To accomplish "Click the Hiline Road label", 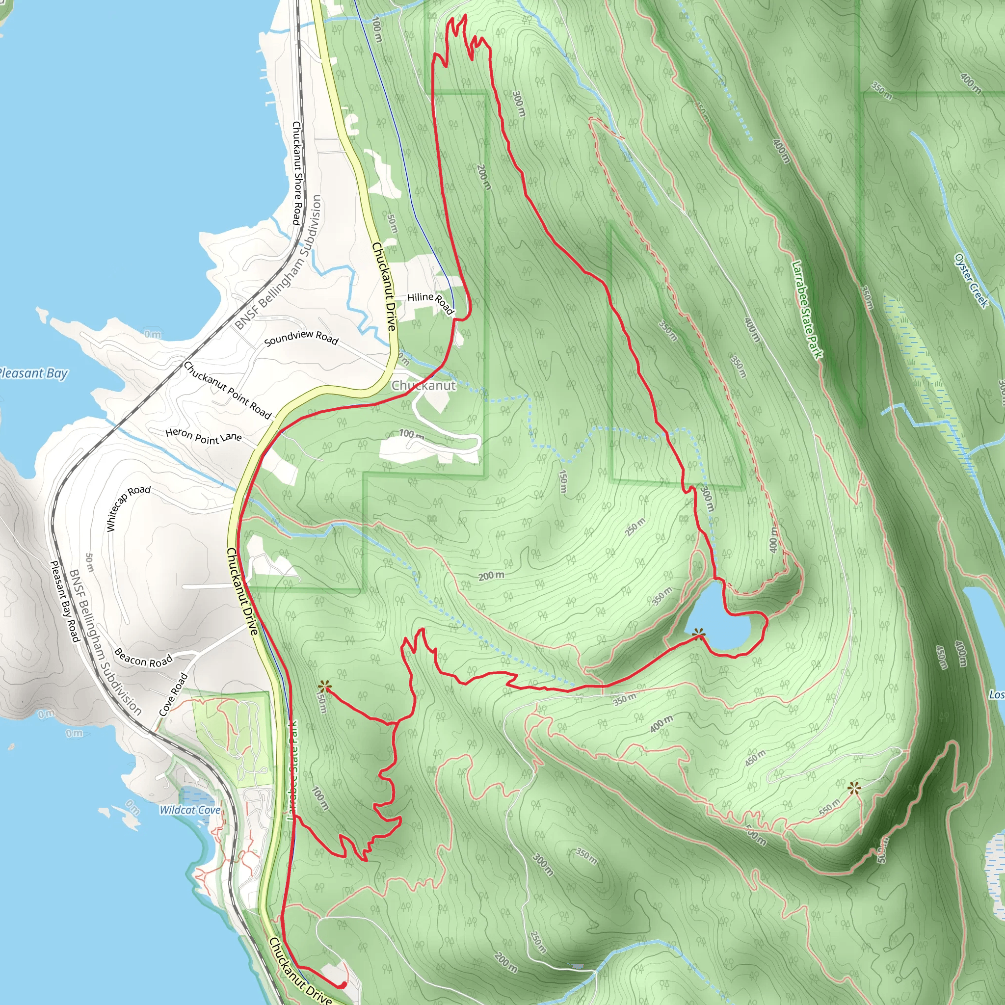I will click(x=430, y=302).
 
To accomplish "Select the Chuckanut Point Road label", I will click(x=227, y=390).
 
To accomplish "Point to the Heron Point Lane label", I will click(x=203, y=435).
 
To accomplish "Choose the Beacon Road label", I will click(x=143, y=658).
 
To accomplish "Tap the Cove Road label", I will click(x=173, y=694).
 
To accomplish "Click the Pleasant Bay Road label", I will click(x=64, y=601).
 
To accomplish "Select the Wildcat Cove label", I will click(x=190, y=810).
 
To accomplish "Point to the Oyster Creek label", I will click(x=971, y=281).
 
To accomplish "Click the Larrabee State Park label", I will click(x=807, y=310).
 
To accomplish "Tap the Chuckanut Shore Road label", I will click(x=296, y=173).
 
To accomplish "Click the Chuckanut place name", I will click(x=423, y=385).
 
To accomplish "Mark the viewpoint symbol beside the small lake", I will click(x=699, y=633).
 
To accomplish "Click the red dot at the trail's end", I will click(x=344, y=985).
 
